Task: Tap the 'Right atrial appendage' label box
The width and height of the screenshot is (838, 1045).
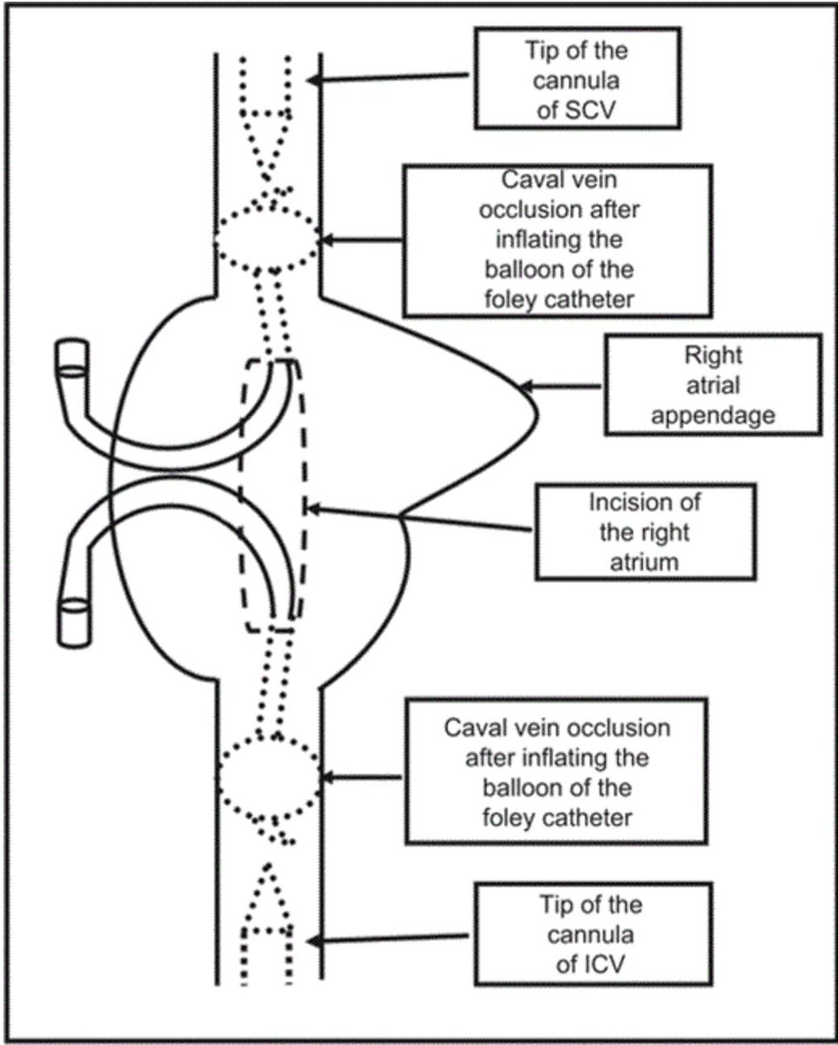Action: click(714, 384)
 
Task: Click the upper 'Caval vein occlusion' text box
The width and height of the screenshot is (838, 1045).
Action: click(556, 239)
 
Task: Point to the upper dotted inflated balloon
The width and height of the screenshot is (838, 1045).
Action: click(266, 235)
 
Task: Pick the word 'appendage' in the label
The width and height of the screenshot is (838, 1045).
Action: click(713, 415)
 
